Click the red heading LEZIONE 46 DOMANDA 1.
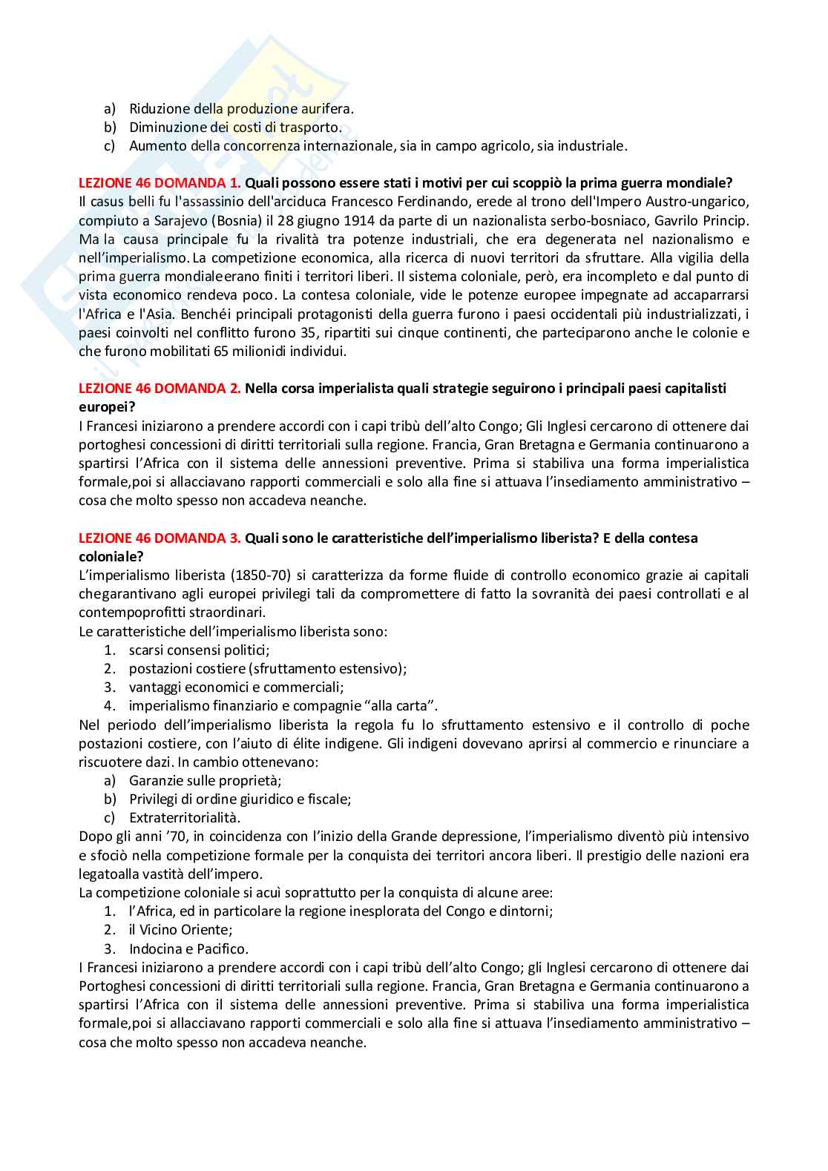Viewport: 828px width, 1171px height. tap(160, 183)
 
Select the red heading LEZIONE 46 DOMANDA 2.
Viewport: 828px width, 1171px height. tap(160, 389)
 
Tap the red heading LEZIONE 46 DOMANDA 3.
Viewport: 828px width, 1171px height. tap(160, 538)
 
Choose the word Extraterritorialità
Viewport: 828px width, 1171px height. tap(185, 818)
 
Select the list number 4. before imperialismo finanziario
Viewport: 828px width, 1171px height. tap(110, 706)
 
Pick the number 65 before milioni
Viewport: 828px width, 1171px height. tap(221, 352)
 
